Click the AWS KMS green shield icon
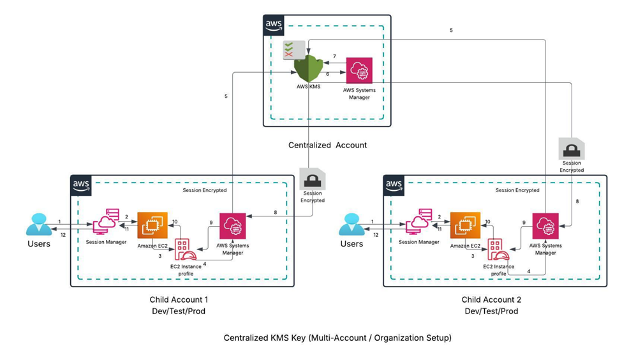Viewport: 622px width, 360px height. pyautogui.click(x=309, y=68)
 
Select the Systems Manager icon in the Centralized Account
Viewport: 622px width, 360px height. pyautogui.click(x=360, y=71)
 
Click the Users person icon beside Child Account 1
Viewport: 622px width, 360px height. pyautogui.click(x=38, y=225)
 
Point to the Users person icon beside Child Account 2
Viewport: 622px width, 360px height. pyautogui.click(x=351, y=225)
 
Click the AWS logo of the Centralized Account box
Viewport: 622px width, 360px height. pyautogui.click(x=274, y=26)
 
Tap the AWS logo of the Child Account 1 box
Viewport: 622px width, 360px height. pyautogui.click(x=81, y=185)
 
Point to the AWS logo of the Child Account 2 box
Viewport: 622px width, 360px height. pyautogui.click(x=394, y=185)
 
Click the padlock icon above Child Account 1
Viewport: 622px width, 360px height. pyautogui.click(x=313, y=177)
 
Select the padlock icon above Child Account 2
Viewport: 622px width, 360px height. pyautogui.click(x=571, y=149)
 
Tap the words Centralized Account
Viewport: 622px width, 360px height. pyautogui.click(x=327, y=145)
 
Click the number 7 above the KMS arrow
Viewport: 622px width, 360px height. pyautogui.click(x=334, y=57)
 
